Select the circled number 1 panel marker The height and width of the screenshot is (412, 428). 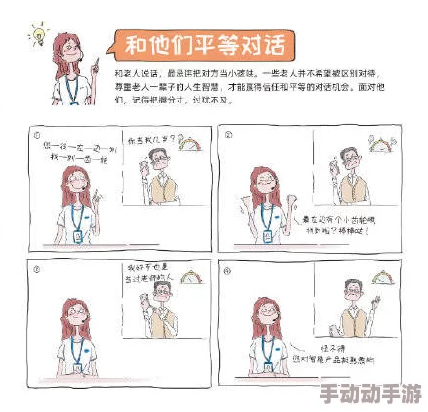coord(36,135)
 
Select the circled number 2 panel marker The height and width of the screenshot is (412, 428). coord(227,135)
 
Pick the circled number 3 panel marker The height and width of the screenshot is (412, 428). coord(36,268)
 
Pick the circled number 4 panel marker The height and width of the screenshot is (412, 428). coord(226,268)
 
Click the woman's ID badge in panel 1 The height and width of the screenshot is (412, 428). coord(79,235)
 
